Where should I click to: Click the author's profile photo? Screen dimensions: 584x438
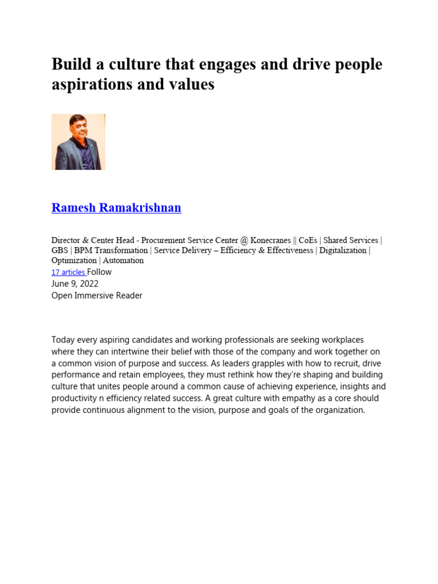coord(78,141)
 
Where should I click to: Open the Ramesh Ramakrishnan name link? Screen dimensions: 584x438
coord(116,208)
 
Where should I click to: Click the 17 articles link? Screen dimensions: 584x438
coord(68,273)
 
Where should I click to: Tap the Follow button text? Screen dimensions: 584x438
coord(99,272)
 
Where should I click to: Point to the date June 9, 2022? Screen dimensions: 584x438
coord(75,283)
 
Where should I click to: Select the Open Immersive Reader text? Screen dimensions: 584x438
coord(97,295)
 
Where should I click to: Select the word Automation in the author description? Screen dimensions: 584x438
coord(123,261)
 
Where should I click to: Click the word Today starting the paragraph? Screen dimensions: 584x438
coord(63,340)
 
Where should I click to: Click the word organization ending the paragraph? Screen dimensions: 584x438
coord(338,409)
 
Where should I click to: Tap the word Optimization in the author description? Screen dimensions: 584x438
coord(74,261)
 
